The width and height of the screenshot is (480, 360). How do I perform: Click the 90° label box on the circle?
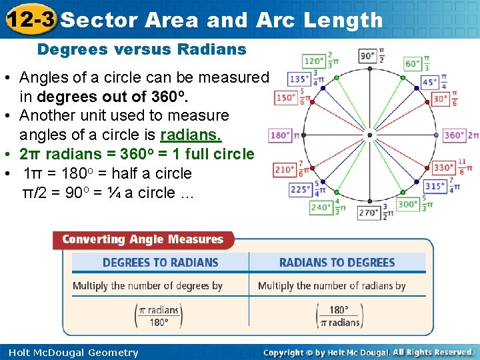367,56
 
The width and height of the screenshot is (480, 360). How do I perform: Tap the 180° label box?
280,135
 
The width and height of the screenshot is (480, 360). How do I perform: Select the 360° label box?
454,135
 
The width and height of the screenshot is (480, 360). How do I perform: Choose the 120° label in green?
313,61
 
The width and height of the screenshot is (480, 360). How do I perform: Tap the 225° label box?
301,189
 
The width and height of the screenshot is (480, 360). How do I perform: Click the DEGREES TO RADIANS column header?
160,263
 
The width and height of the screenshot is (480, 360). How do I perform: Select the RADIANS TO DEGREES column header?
337,263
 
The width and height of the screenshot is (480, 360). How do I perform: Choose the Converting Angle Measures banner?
143,239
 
